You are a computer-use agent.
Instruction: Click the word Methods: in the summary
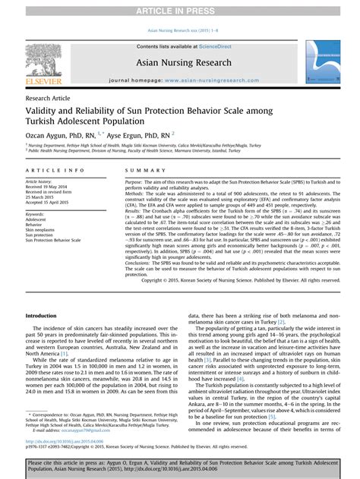point(135,194)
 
